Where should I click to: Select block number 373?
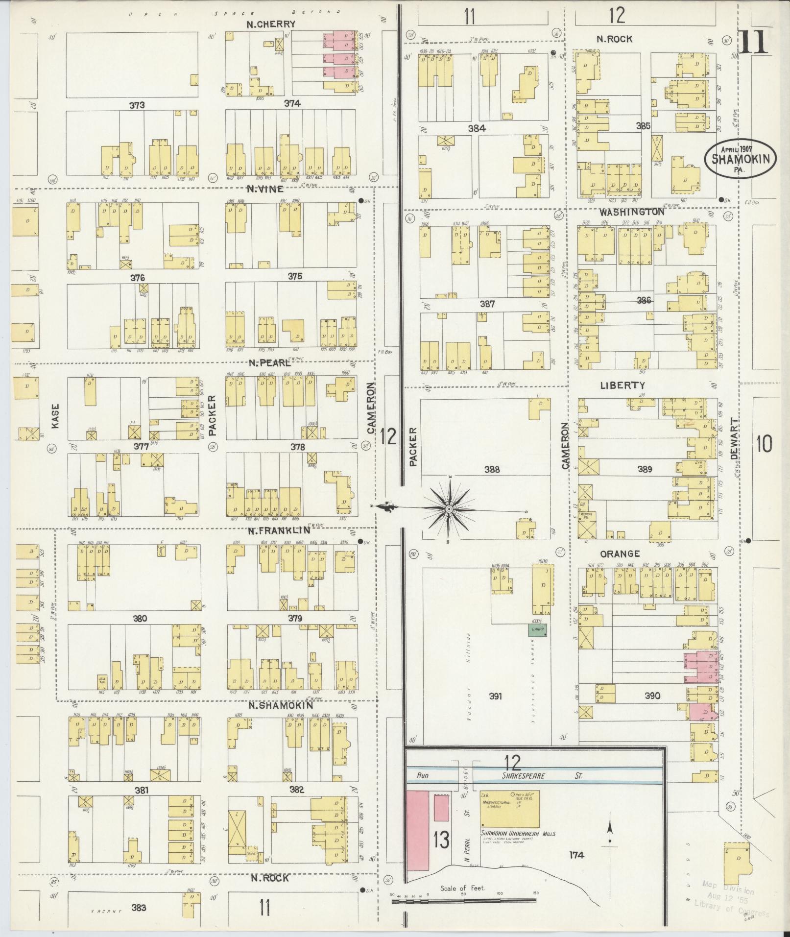click(x=137, y=104)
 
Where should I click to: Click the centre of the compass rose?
click(x=449, y=510)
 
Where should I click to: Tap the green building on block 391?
click(x=538, y=629)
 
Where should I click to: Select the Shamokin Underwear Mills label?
click(x=518, y=834)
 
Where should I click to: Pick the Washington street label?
click(x=632, y=212)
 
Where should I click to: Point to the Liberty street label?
click(x=622, y=385)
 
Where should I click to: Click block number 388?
click(x=492, y=469)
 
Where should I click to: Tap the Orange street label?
click(x=620, y=554)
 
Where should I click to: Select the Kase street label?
click(x=55, y=416)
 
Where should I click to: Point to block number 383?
click(x=139, y=908)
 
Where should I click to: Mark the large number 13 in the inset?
click(x=441, y=840)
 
